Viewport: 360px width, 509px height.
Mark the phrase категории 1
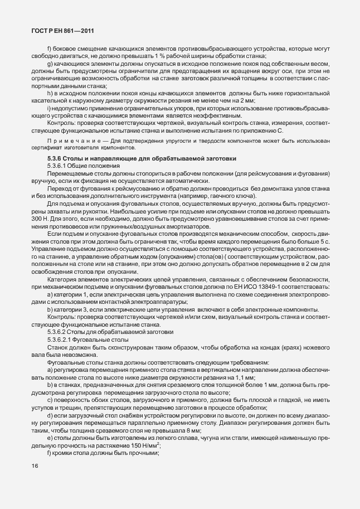69,293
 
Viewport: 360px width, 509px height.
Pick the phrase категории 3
70,308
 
